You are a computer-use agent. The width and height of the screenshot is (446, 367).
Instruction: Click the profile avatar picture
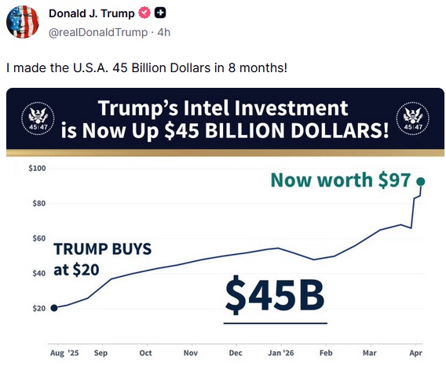23,22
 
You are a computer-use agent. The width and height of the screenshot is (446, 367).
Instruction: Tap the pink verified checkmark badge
144,13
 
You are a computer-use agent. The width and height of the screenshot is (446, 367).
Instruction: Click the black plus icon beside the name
160,13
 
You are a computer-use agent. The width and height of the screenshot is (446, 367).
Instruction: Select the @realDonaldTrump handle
98,32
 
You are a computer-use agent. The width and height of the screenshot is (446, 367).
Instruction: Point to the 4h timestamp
164,32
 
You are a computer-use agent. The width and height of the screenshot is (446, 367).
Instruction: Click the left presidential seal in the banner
38,118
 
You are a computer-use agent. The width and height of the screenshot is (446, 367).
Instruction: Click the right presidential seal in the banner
413,118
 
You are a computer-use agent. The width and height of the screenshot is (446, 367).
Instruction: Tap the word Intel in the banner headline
207,108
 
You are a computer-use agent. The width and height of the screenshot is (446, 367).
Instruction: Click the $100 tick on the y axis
37,168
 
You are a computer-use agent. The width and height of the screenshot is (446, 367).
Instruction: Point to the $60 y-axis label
39,238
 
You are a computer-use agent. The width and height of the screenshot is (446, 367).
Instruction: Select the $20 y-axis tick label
39,308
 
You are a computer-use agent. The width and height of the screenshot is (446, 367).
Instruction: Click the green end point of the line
421,181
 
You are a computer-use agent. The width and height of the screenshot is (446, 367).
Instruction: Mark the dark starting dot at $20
54,308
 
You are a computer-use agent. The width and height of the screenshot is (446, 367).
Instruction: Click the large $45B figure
275,294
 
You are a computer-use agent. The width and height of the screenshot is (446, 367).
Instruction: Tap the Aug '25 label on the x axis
64,353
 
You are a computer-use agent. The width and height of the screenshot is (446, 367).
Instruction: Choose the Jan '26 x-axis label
281,353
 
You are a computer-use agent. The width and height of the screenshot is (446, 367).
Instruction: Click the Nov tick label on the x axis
191,353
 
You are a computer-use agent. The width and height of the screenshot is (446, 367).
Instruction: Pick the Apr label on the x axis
415,353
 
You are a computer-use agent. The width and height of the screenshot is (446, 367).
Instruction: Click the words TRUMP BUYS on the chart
102,249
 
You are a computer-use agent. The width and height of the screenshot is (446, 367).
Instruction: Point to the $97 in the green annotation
394,180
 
